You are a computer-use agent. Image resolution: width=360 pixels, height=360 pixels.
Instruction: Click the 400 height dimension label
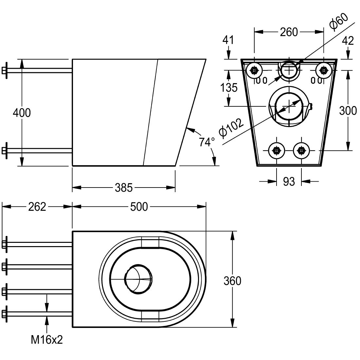[22, 113]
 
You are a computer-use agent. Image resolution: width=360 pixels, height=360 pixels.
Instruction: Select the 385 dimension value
[124, 188]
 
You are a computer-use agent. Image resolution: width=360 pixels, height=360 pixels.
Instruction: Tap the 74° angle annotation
[207, 142]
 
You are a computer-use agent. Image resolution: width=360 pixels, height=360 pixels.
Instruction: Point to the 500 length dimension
[139, 207]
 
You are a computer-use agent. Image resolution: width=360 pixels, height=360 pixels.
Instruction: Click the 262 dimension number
[37, 207]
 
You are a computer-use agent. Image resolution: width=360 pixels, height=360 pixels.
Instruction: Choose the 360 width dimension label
[232, 281]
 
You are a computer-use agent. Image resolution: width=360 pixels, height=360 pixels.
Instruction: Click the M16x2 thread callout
[47, 340]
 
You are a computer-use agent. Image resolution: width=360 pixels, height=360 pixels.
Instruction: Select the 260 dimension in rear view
[289, 32]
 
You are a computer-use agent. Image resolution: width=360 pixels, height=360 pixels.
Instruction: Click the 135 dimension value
[229, 88]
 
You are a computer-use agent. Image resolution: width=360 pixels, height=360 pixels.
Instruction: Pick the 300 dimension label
[348, 111]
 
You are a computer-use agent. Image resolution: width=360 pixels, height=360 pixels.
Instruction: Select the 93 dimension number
[289, 181]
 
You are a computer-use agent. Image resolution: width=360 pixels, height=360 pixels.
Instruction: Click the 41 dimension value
[228, 40]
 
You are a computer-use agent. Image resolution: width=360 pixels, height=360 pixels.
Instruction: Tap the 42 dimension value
[348, 40]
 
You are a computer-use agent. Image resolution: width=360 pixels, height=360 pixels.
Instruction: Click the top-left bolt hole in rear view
[254, 70]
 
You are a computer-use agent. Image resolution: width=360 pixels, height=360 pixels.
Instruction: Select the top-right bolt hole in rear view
[323, 70]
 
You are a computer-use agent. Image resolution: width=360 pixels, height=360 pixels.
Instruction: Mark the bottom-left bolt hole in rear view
[277, 151]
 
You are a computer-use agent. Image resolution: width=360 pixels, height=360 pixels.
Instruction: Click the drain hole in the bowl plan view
[138, 278]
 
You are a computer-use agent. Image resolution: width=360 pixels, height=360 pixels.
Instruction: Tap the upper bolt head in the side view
[4, 71]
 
